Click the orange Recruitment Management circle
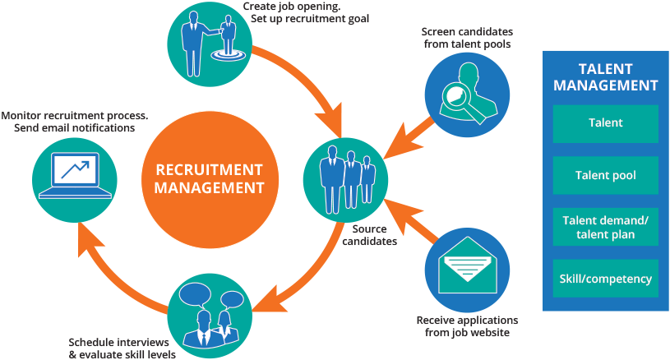(x=210, y=179)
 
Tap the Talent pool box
(x=606, y=175)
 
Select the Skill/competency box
(x=606, y=279)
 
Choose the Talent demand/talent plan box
(x=606, y=227)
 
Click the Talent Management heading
(x=606, y=77)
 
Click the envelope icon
(x=468, y=265)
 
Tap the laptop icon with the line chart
(x=75, y=176)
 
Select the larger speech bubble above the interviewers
(x=196, y=293)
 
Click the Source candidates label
(x=369, y=235)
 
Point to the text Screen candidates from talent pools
(x=467, y=38)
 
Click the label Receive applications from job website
(x=467, y=326)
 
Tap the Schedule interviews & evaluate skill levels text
(x=122, y=348)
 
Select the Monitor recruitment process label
(x=74, y=115)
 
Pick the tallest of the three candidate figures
(x=332, y=179)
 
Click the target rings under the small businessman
(x=229, y=55)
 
